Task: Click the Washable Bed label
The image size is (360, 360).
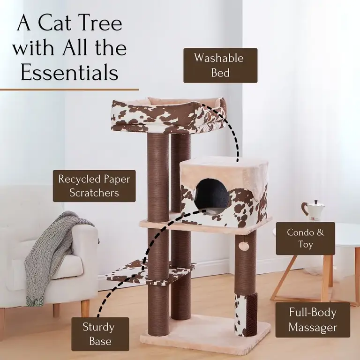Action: [x=220, y=66]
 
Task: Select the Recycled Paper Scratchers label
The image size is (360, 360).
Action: [x=94, y=186]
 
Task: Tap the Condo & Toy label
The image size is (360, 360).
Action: [x=305, y=238]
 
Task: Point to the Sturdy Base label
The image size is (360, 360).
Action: [x=98, y=334]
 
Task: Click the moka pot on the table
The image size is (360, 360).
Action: [x=313, y=210]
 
